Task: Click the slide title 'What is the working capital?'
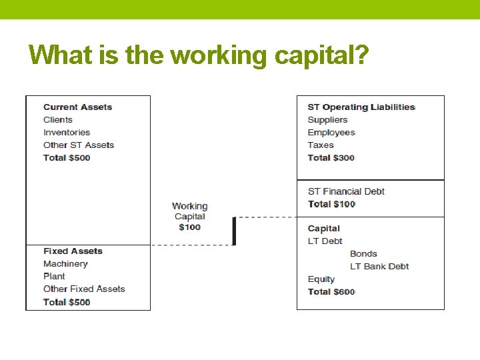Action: [x=199, y=55]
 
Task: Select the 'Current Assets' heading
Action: [x=77, y=107]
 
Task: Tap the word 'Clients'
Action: [x=58, y=120]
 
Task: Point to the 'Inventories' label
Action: [x=67, y=133]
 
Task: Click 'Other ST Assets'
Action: [x=79, y=145]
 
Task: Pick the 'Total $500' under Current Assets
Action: [x=67, y=158]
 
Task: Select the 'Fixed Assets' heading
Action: [x=73, y=251]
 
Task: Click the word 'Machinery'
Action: [x=65, y=264]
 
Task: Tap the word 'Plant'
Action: [x=54, y=277]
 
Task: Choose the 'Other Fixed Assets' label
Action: [x=84, y=289]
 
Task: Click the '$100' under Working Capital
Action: [x=190, y=227]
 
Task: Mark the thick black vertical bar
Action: [x=234, y=231]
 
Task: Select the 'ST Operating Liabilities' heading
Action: [x=361, y=107]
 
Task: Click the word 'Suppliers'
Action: [x=327, y=120]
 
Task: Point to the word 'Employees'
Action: [x=331, y=133]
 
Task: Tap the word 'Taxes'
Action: [x=321, y=145]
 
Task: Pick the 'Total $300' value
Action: [x=331, y=158]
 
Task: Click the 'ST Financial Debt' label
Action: [x=346, y=192]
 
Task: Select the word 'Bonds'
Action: [x=363, y=254]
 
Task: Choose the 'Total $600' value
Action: [x=331, y=292]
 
